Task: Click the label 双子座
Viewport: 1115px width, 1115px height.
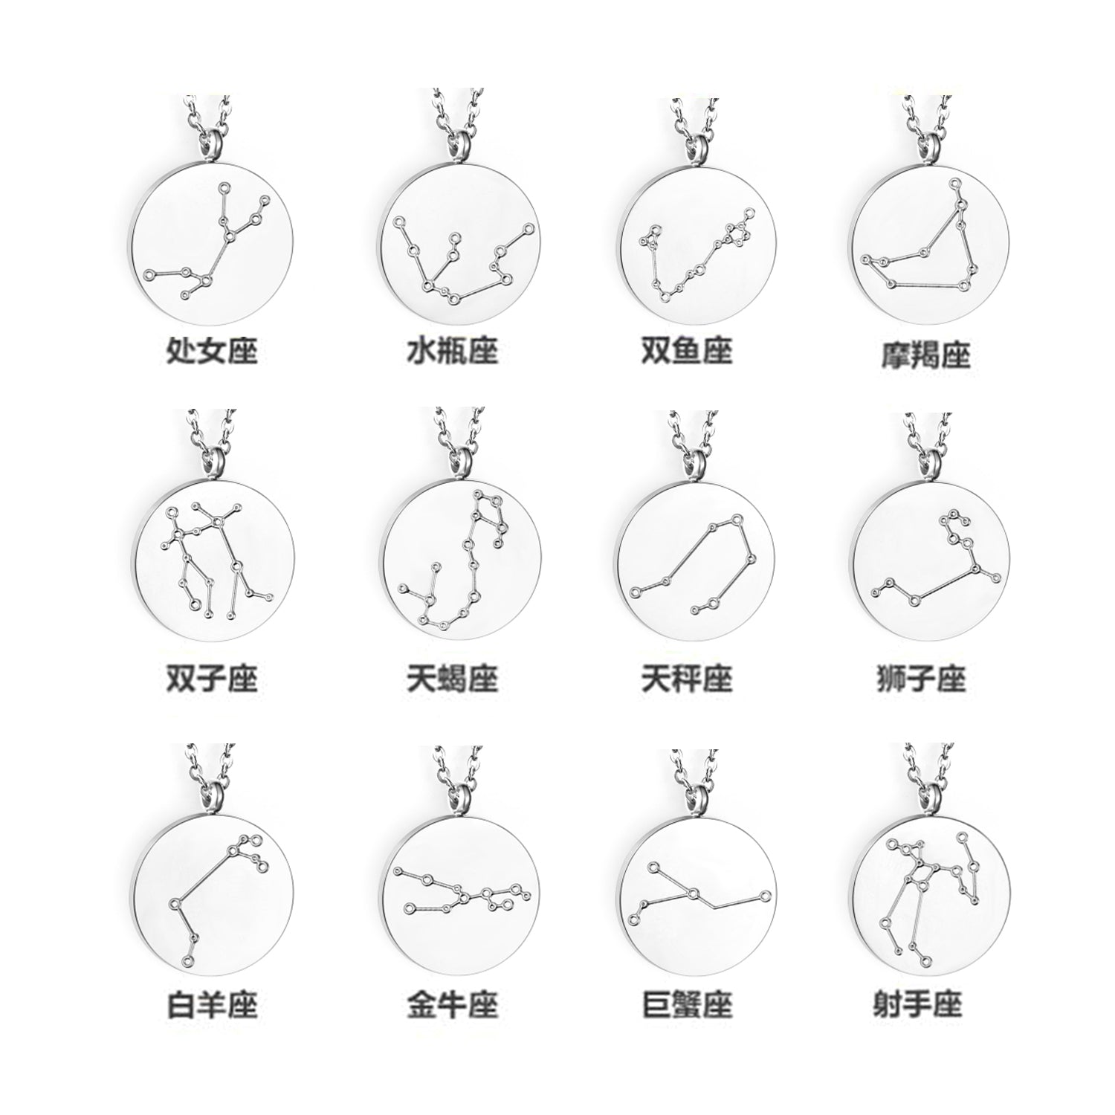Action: tap(213, 678)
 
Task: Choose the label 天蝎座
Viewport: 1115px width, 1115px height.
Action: tap(452, 678)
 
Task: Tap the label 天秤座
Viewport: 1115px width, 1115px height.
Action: tap(687, 678)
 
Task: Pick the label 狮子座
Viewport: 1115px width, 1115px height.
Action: tap(922, 678)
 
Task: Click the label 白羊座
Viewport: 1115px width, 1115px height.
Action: tap(213, 1005)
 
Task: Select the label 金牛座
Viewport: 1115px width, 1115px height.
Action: tap(452, 1005)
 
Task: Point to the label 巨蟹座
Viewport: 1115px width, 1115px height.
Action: tap(687, 1005)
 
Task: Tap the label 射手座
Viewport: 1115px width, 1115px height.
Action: tap(922, 1005)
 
